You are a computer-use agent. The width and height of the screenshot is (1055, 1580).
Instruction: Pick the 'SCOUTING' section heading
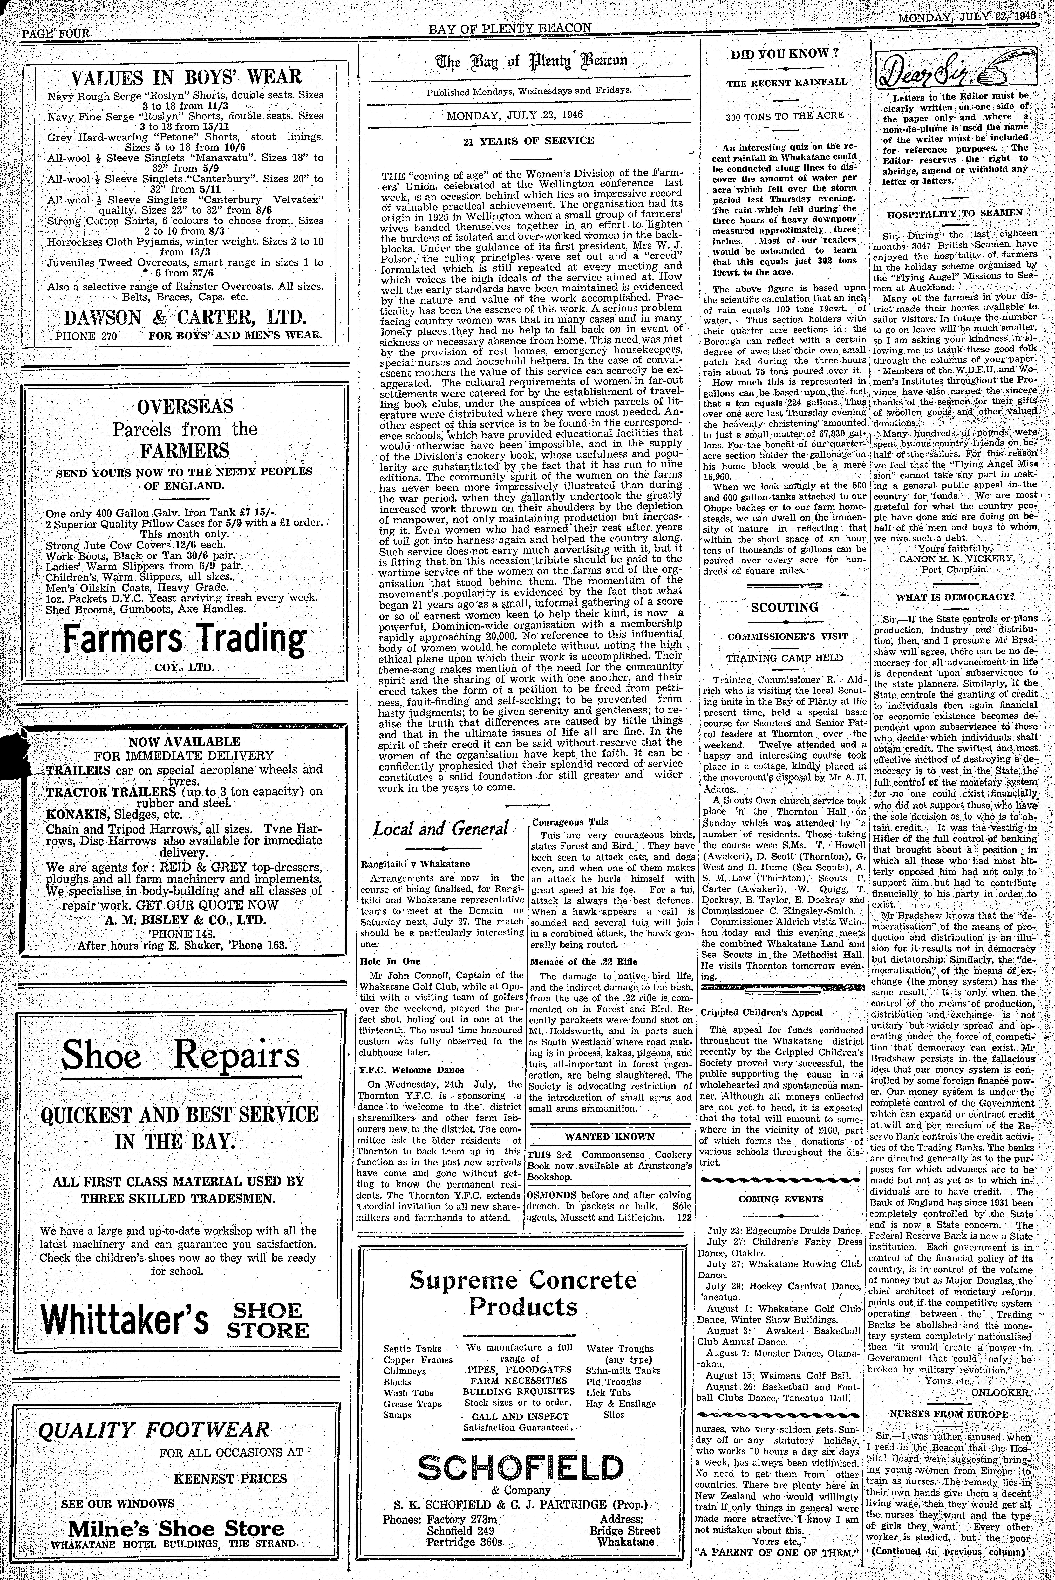click(x=785, y=607)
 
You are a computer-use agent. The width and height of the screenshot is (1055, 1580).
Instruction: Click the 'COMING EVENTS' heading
click(x=780, y=1198)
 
